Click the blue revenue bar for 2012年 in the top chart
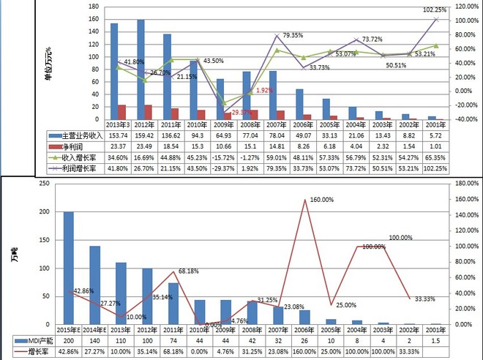pos(141,70)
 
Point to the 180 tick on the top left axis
pos(94,6)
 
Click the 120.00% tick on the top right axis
pos(465,6)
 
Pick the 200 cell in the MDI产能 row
pos(69,342)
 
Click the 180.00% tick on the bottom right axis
pos(465,183)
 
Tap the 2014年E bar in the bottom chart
pos(94,285)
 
